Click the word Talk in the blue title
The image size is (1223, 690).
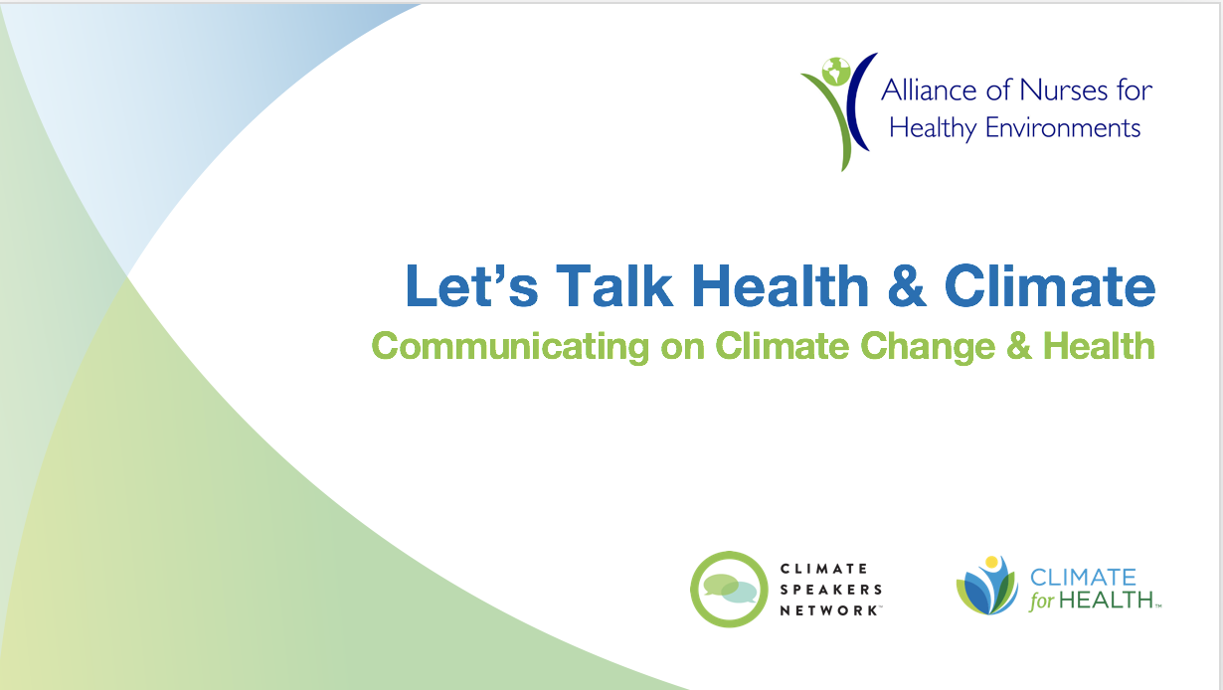pyautogui.click(x=614, y=285)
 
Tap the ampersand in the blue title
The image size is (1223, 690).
pyautogui.click(x=907, y=285)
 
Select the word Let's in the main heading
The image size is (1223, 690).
pyautogui.click(x=471, y=285)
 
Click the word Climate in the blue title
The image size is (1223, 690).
pyautogui.click(x=1050, y=285)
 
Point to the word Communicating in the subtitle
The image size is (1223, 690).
pyautogui.click(x=510, y=347)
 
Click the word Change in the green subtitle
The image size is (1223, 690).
pyautogui.click(x=928, y=347)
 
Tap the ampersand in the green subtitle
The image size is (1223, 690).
pyautogui.click(x=1019, y=346)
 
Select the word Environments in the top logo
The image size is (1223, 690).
pyautogui.click(x=1063, y=127)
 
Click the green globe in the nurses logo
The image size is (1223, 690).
pyautogui.click(x=836, y=72)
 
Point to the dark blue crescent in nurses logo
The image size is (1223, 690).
pyautogui.click(x=858, y=101)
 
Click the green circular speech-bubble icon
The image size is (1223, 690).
pyautogui.click(x=730, y=589)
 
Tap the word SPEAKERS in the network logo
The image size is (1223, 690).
pyautogui.click(x=831, y=590)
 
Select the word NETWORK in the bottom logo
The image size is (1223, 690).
pyautogui.click(x=829, y=610)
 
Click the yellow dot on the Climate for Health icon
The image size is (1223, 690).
pyautogui.click(x=991, y=563)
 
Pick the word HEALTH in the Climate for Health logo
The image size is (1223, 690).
pyautogui.click(x=1106, y=601)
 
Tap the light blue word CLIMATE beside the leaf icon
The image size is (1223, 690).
pyautogui.click(x=1083, y=577)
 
